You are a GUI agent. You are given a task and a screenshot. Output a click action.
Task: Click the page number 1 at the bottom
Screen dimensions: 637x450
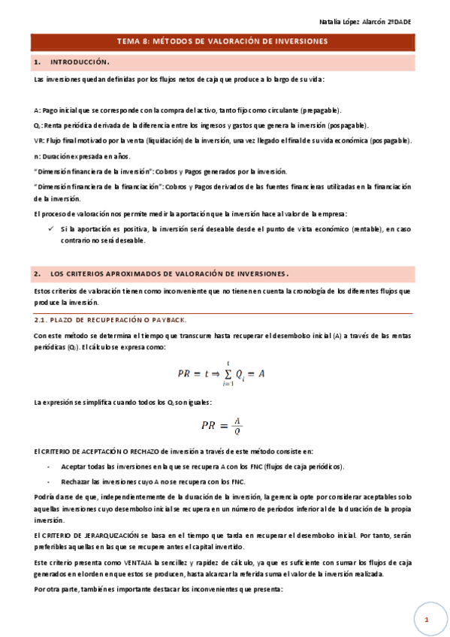[425, 619]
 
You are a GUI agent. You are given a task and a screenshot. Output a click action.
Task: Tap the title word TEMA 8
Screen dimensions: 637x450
[134, 42]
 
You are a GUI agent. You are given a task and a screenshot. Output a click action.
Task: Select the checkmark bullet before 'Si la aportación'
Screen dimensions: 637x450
[50, 228]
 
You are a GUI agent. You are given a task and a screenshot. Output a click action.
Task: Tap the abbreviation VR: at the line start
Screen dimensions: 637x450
[39, 140]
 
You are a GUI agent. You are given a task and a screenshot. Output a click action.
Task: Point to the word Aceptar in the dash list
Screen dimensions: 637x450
[73, 466]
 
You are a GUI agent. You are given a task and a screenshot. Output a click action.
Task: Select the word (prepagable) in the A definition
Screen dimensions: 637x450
[317, 110]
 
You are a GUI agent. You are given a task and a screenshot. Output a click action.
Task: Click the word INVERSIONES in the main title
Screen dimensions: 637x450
[294, 42]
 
